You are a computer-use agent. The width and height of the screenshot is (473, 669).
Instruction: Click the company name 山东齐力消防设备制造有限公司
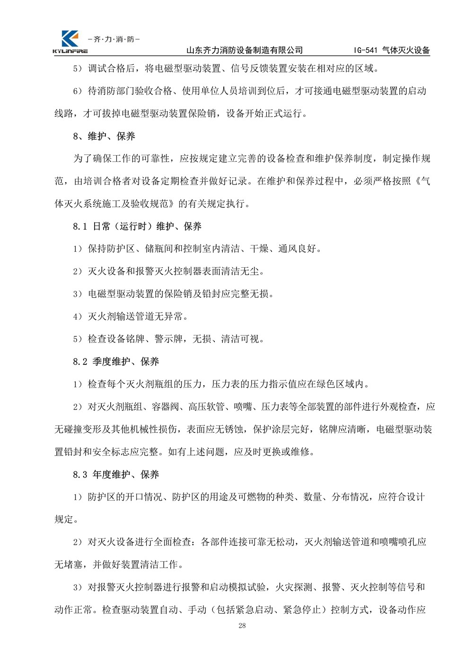click(245, 50)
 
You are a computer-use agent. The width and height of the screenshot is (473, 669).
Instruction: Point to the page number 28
click(242, 626)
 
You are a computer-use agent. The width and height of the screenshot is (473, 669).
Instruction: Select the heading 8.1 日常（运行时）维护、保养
click(137, 227)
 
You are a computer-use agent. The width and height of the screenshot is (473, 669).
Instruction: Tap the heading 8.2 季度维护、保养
click(116, 362)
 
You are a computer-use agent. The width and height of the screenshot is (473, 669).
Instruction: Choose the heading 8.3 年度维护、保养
click(116, 475)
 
